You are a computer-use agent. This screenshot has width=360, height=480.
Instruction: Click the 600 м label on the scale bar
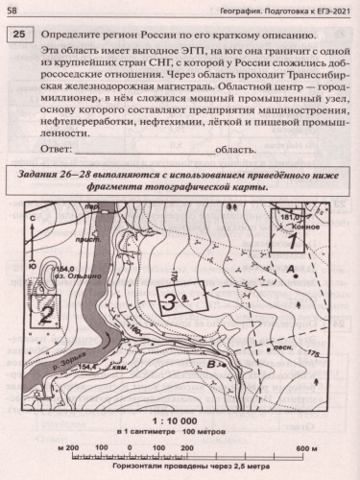(x=306, y=421)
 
